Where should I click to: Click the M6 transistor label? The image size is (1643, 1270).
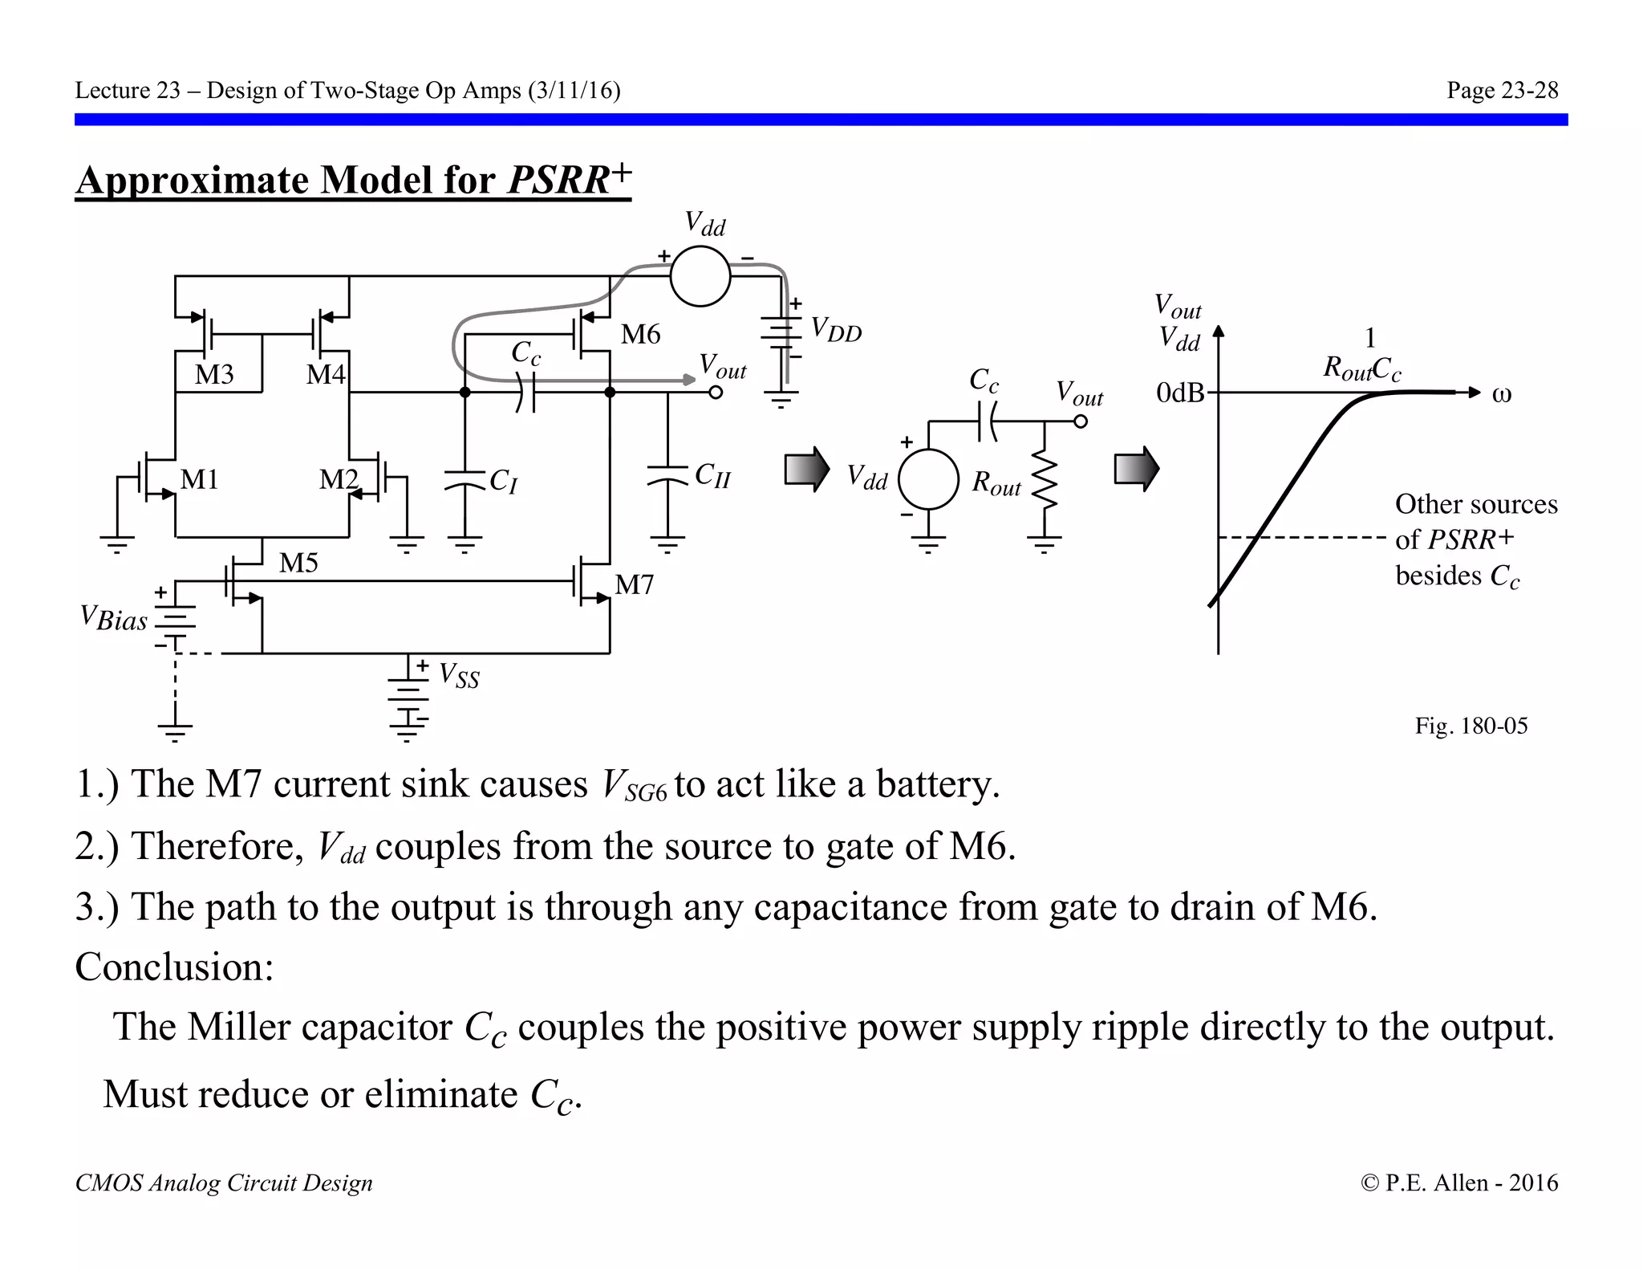coord(640,334)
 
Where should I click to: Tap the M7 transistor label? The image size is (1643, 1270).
coord(634,584)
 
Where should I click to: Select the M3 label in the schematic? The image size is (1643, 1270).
coord(214,374)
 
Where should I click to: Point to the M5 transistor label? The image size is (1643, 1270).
coord(298,563)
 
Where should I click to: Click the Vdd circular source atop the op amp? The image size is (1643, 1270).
coord(700,276)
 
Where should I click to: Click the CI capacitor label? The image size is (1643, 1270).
coord(504,481)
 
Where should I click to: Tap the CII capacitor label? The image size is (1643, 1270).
coord(712,475)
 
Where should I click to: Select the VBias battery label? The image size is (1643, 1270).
coord(114,618)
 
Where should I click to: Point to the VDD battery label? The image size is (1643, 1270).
coord(836,329)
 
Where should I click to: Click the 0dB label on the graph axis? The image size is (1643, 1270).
coord(1180,393)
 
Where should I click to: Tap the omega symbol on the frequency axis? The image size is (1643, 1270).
coord(1501,394)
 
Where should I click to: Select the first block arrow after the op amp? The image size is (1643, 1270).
coord(806,469)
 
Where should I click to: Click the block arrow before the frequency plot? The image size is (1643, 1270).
coord(1136,469)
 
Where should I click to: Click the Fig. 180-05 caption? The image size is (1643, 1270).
coord(1471,726)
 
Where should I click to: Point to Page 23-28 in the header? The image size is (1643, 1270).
coord(1502,90)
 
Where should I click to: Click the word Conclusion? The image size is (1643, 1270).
coord(174,967)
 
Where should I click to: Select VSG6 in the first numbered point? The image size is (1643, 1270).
coord(634,786)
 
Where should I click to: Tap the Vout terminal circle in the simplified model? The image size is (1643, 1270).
coord(1081,421)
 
